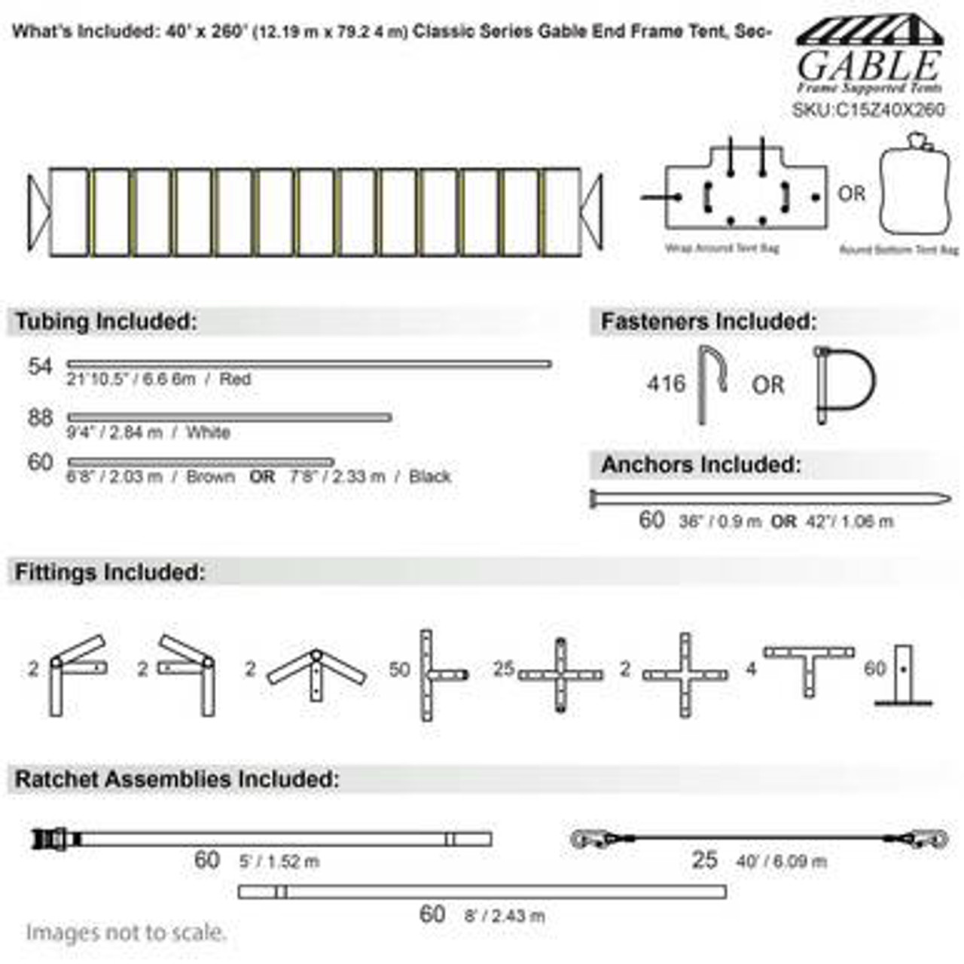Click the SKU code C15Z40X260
click(x=868, y=110)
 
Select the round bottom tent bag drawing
click(x=916, y=188)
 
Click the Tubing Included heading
click(x=106, y=322)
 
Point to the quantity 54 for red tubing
click(x=40, y=367)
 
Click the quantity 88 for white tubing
click(x=40, y=418)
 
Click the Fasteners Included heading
click(x=708, y=322)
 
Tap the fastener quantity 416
click(x=667, y=384)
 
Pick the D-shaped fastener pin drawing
click(x=844, y=384)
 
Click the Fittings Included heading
click(x=110, y=572)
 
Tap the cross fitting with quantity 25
click(x=560, y=675)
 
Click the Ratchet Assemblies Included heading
click(x=177, y=779)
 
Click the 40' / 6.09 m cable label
click(x=781, y=861)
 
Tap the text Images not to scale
click(x=126, y=932)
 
